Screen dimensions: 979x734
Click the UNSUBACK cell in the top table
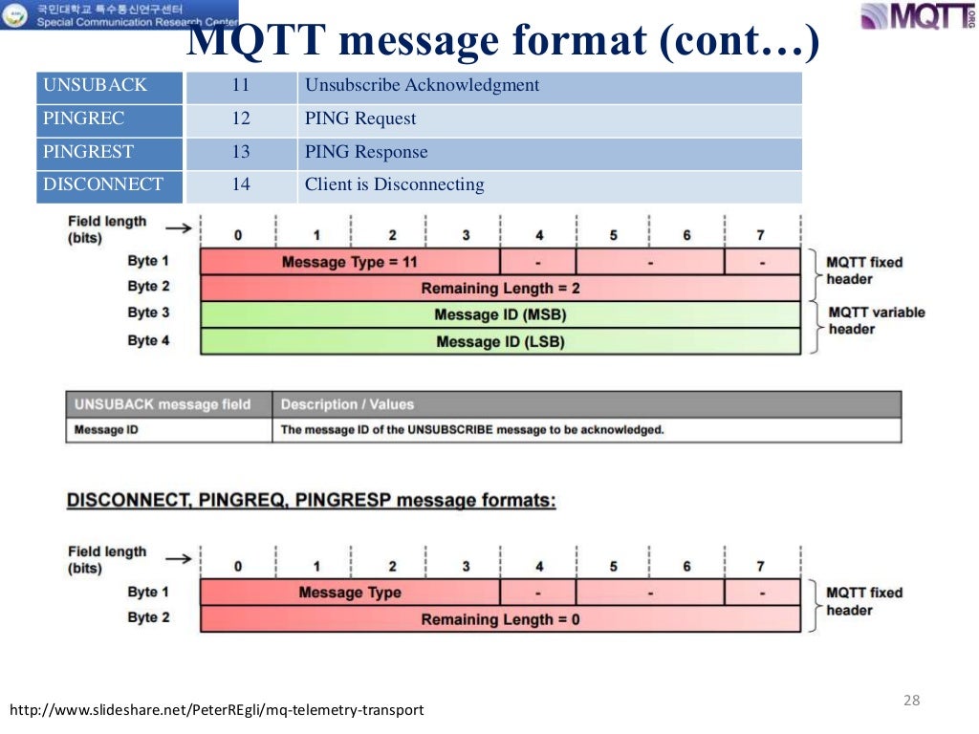pos(109,86)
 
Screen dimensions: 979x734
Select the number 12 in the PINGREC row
pos(241,119)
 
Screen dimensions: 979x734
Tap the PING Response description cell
pos(550,152)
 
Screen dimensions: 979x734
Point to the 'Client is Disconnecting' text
pos(394,184)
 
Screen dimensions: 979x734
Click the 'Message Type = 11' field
pos(349,262)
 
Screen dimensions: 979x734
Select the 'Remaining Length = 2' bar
pos(500,288)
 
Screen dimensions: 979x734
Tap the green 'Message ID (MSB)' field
pos(500,314)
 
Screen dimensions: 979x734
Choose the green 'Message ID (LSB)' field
pos(500,341)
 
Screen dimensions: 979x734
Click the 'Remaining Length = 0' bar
pos(500,619)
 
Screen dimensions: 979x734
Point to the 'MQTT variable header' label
pos(876,320)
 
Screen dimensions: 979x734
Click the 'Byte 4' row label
pos(148,340)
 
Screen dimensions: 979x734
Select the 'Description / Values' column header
pos(347,404)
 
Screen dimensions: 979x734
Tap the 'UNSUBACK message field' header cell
pos(162,404)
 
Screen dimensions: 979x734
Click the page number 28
pos(911,701)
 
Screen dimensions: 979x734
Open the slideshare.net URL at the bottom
pos(217,710)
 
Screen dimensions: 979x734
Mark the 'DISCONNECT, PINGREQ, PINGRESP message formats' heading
pos(312,500)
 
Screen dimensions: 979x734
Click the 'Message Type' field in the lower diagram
pos(349,593)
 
